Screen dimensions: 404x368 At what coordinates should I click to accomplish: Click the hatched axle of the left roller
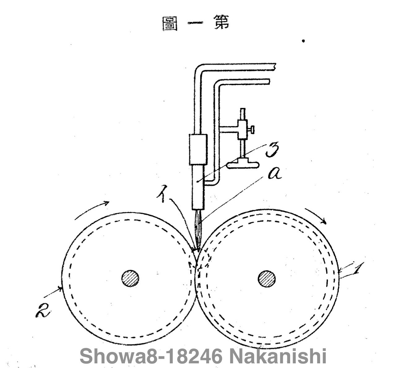click(x=130, y=278)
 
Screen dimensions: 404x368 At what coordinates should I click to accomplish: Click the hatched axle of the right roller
click(x=267, y=279)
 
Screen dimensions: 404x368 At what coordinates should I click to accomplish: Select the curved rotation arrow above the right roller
click(x=316, y=215)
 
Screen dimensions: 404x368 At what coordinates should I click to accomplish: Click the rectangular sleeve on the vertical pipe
click(x=198, y=149)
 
